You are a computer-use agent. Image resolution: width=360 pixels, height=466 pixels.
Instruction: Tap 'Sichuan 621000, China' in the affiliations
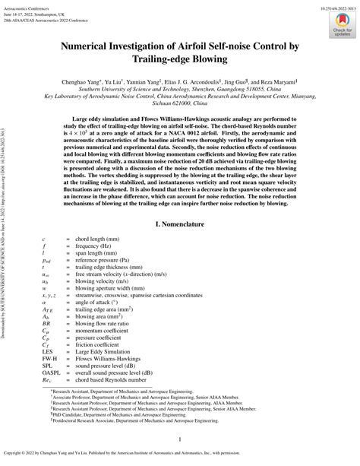tap(180, 104)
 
